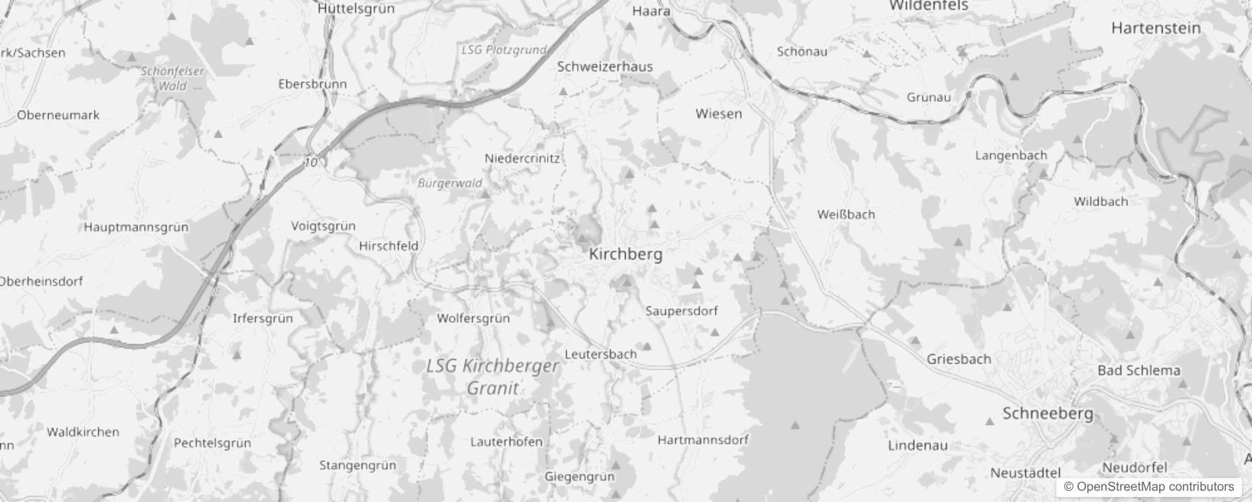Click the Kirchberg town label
click(625, 254)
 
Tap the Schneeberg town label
click(1048, 414)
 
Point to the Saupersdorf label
click(681, 311)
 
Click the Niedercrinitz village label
click(522, 158)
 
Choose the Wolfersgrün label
click(473, 318)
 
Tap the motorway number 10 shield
click(311, 163)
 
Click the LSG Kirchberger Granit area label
click(492, 376)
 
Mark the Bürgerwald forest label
click(450, 183)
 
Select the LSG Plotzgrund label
click(504, 50)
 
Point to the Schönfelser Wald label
click(172, 78)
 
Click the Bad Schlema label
click(1138, 370)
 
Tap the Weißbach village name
click(846, 214)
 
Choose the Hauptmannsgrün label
click(136, 227)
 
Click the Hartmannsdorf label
click(703, 440)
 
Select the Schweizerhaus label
click(605, 67)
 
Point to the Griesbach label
click(958, 359)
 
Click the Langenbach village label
click(1011, 155)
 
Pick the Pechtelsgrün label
click(212, 443)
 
